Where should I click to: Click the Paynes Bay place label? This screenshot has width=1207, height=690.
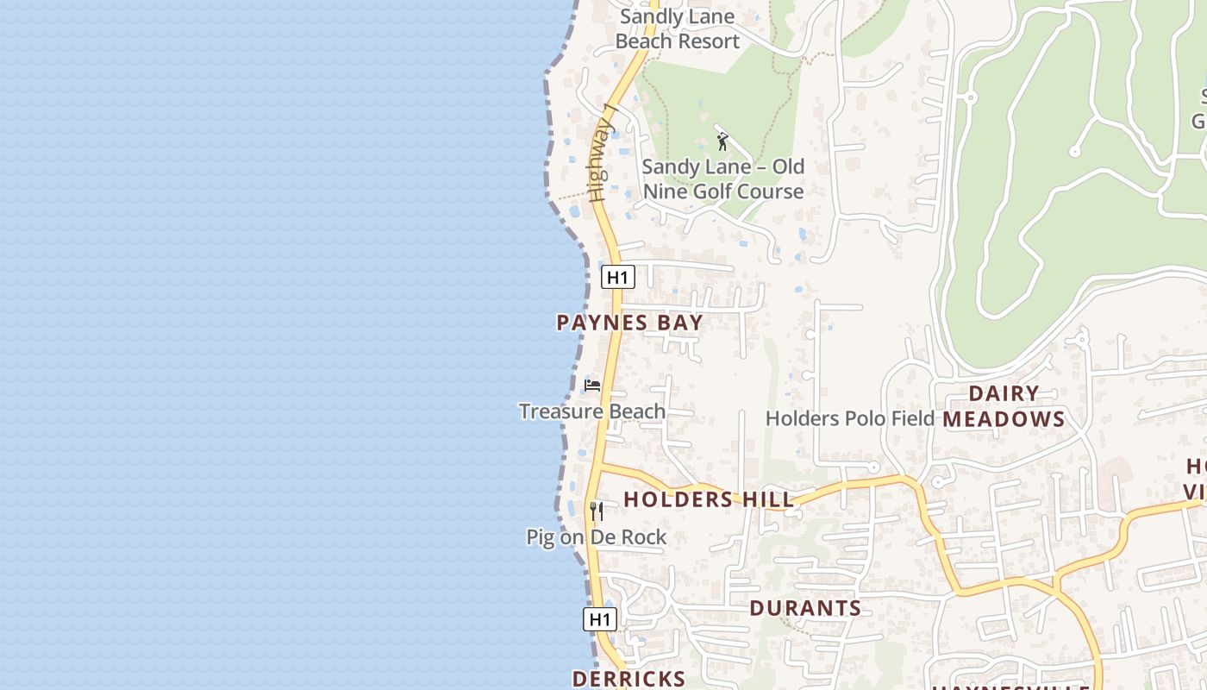point(629,323)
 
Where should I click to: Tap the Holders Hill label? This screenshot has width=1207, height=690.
point(709,499)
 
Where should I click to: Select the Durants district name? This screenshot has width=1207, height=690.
point(805,608)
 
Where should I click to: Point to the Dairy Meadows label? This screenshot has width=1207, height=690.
point(1004,406)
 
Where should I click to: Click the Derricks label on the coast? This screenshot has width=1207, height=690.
point(629,679)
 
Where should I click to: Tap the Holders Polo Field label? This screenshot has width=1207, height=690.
point(849,419)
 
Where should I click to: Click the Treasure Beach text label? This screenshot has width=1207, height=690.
point(591,411)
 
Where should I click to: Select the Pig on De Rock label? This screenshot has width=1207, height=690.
point(597,537)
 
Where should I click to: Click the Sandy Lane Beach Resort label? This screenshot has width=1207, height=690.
point(677,28)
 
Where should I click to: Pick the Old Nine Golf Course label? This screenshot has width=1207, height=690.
point(723,179)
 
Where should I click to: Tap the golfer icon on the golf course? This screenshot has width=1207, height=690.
point(722,141)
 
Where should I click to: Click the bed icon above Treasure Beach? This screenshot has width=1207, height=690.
point(592,386)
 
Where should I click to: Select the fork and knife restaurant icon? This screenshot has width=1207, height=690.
point(596,511)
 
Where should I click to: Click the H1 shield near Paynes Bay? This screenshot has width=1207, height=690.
point(617,277)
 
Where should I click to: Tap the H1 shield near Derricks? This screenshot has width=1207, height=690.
point(600,619)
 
